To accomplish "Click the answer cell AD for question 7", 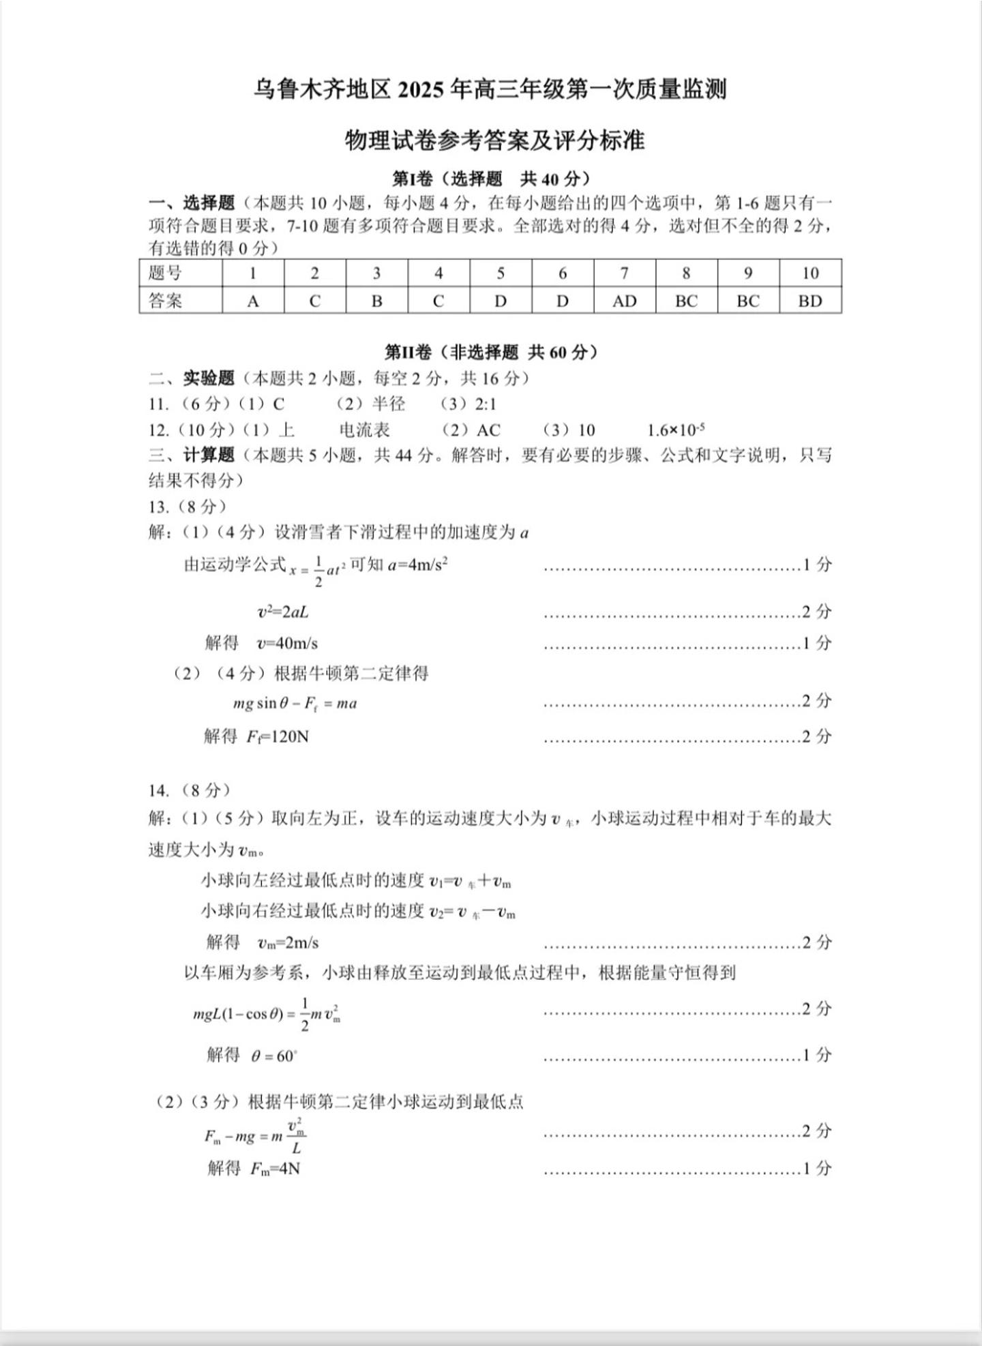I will (x=624, y=301).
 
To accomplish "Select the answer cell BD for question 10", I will (x=810, y=301).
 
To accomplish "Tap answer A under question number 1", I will (x=253, y=301).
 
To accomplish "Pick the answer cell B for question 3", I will (x=376, y=301).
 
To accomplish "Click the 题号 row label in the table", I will (x=166, y=273).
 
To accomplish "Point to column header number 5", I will (x=501, y=273).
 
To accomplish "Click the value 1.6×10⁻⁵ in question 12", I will (x=676, y=430).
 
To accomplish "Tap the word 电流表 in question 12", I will (x=364, y=430).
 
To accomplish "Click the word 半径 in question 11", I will (x=389, y=404).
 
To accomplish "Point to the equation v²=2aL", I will (x=282, y=612).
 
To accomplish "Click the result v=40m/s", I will (x=287, y=643).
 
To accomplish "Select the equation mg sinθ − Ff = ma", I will (x=295, y=703).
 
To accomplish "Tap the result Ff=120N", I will (x=278, y=736).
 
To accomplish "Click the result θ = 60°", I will (x=273, y=1056).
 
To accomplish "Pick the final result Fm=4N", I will (x=275, y=1169).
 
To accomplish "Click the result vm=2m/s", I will (x=288, y=943).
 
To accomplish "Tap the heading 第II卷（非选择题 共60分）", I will (x=491, y=352).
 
